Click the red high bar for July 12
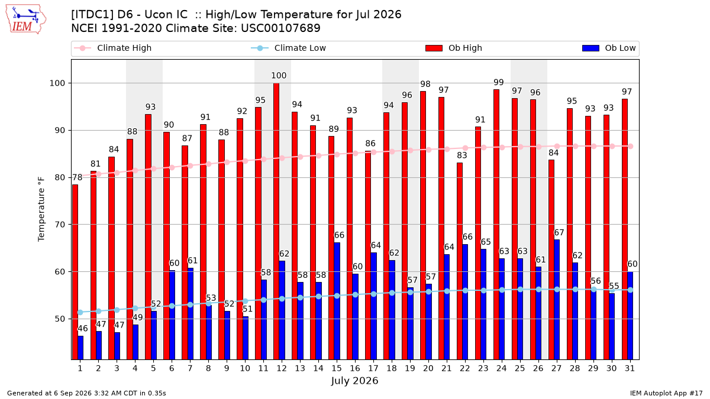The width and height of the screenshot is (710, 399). point(276,221)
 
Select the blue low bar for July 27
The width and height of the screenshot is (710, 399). point(557,300)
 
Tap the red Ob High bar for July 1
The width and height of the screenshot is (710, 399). point(75,272)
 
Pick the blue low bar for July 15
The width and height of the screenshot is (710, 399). point(337,301)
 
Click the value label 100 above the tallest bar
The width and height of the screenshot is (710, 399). point(279,76)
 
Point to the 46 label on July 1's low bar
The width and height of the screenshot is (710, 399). point(83,329)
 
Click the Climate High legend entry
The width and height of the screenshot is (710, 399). point(113,48)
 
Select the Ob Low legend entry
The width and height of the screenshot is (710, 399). point(609,48)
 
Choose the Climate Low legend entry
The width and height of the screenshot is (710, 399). point(289,48)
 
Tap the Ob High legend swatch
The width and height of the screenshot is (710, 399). point(434,48)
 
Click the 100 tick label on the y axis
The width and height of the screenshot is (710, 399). point(57,83)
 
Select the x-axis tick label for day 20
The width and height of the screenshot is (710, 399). point(428,368)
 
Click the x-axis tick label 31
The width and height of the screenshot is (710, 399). point(630,368)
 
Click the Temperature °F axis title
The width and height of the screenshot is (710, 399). point(41,209)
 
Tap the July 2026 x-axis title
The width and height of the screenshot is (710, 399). point(354,381)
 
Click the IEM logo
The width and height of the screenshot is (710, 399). point(26,20)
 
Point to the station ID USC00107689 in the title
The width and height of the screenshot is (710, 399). point(280,28)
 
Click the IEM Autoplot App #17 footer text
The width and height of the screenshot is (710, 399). point(666,393)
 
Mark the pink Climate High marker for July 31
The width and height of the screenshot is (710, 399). point(631,147)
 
